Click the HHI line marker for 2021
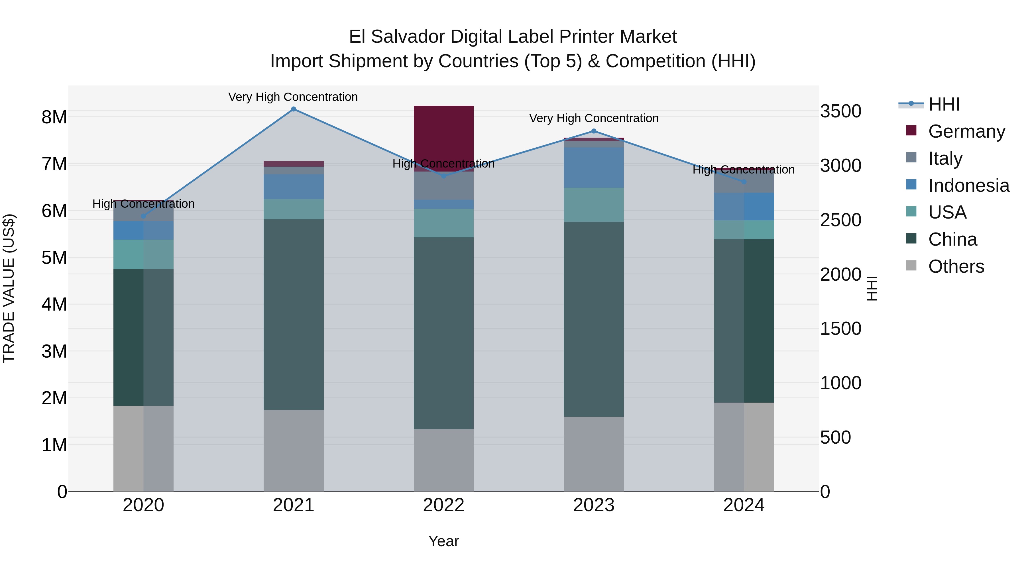(x=294, y=109)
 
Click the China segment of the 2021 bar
(x=294, y=314)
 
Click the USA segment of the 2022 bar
(x=444, y=223)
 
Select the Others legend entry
(x=956, y=266)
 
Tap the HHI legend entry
(x=944, y=104)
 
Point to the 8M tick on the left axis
(x=54, y=117)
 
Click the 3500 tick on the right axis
(x=840, y=111)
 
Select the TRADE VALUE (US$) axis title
(x=9, y=288)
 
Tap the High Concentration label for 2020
(x=143, y=204)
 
